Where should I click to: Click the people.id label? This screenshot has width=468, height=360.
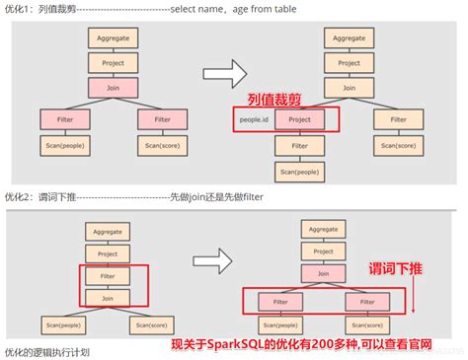tap(255, 120)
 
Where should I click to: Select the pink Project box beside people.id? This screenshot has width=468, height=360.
tap(299, 120)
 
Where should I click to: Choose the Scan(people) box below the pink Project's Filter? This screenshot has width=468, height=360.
tap(299, 172)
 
